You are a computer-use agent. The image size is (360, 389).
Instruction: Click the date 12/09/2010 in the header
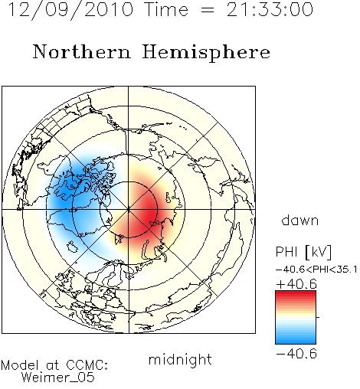(x=70, y=10)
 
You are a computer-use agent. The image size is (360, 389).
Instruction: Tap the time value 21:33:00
(x=270, y=10)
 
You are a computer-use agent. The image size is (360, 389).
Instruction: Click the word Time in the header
(x=166, y=10)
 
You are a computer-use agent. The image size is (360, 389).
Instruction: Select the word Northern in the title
(x=82, y=52)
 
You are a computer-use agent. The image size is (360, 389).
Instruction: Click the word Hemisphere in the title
(x=206, y=53)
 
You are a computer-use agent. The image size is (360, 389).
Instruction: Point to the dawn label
(x=300, y=220)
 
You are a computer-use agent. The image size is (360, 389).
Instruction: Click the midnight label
(x=180, y=360)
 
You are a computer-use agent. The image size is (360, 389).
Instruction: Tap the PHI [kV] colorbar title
(x=303, y=252)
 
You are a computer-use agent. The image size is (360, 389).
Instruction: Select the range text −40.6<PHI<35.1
(x=316, y=270)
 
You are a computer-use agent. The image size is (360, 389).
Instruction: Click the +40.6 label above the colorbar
(x=296, y=284)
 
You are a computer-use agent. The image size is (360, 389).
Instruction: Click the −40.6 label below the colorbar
(x=296, y=354)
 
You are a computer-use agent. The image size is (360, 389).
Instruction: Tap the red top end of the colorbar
(x=296, y=293)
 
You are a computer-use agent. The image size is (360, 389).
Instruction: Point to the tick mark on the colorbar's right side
(x=318, y=317)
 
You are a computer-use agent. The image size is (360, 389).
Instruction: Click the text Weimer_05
(x=58, y=378)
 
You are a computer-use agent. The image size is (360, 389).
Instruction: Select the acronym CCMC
(x=87, y=365)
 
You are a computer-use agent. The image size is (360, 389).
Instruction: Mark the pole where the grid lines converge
(x=129, y=209)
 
